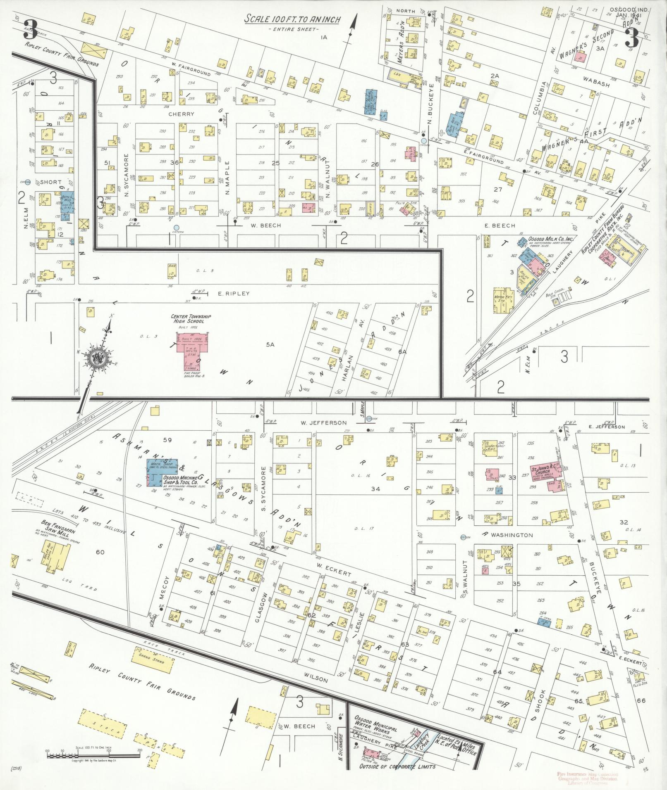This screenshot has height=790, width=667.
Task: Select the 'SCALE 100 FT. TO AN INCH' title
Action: [292, 19]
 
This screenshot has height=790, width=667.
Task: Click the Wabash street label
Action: [597, 84]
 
